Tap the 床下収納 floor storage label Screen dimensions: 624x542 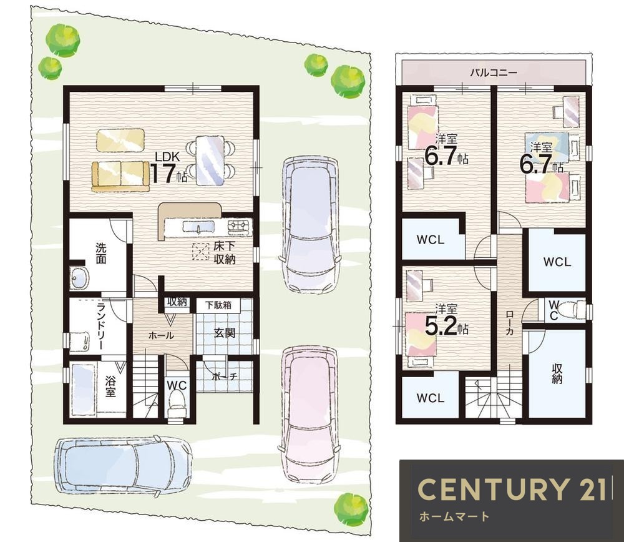click(x=225, y=252)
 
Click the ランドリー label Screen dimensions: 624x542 click(x=102, y=325)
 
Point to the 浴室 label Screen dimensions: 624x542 click(x=110, y=385)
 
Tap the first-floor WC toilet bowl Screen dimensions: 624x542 click(x=177, y=400)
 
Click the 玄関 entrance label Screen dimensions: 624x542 click(x=225, y=333)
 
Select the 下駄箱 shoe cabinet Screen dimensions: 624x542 click(x=218, y=305)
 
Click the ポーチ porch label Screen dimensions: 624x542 click(x=225, y=376)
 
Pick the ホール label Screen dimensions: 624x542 click(x=161, y=335)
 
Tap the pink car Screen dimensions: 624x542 click(x=311, y=413)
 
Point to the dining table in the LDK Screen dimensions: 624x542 click(x=210, y=160)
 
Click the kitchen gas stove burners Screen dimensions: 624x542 click(x=240, y=226)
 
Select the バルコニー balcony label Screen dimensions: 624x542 click(x=494, y=72)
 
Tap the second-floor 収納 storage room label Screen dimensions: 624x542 click(x=557, y=373)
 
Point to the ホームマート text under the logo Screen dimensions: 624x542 click(x=454, y=517)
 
